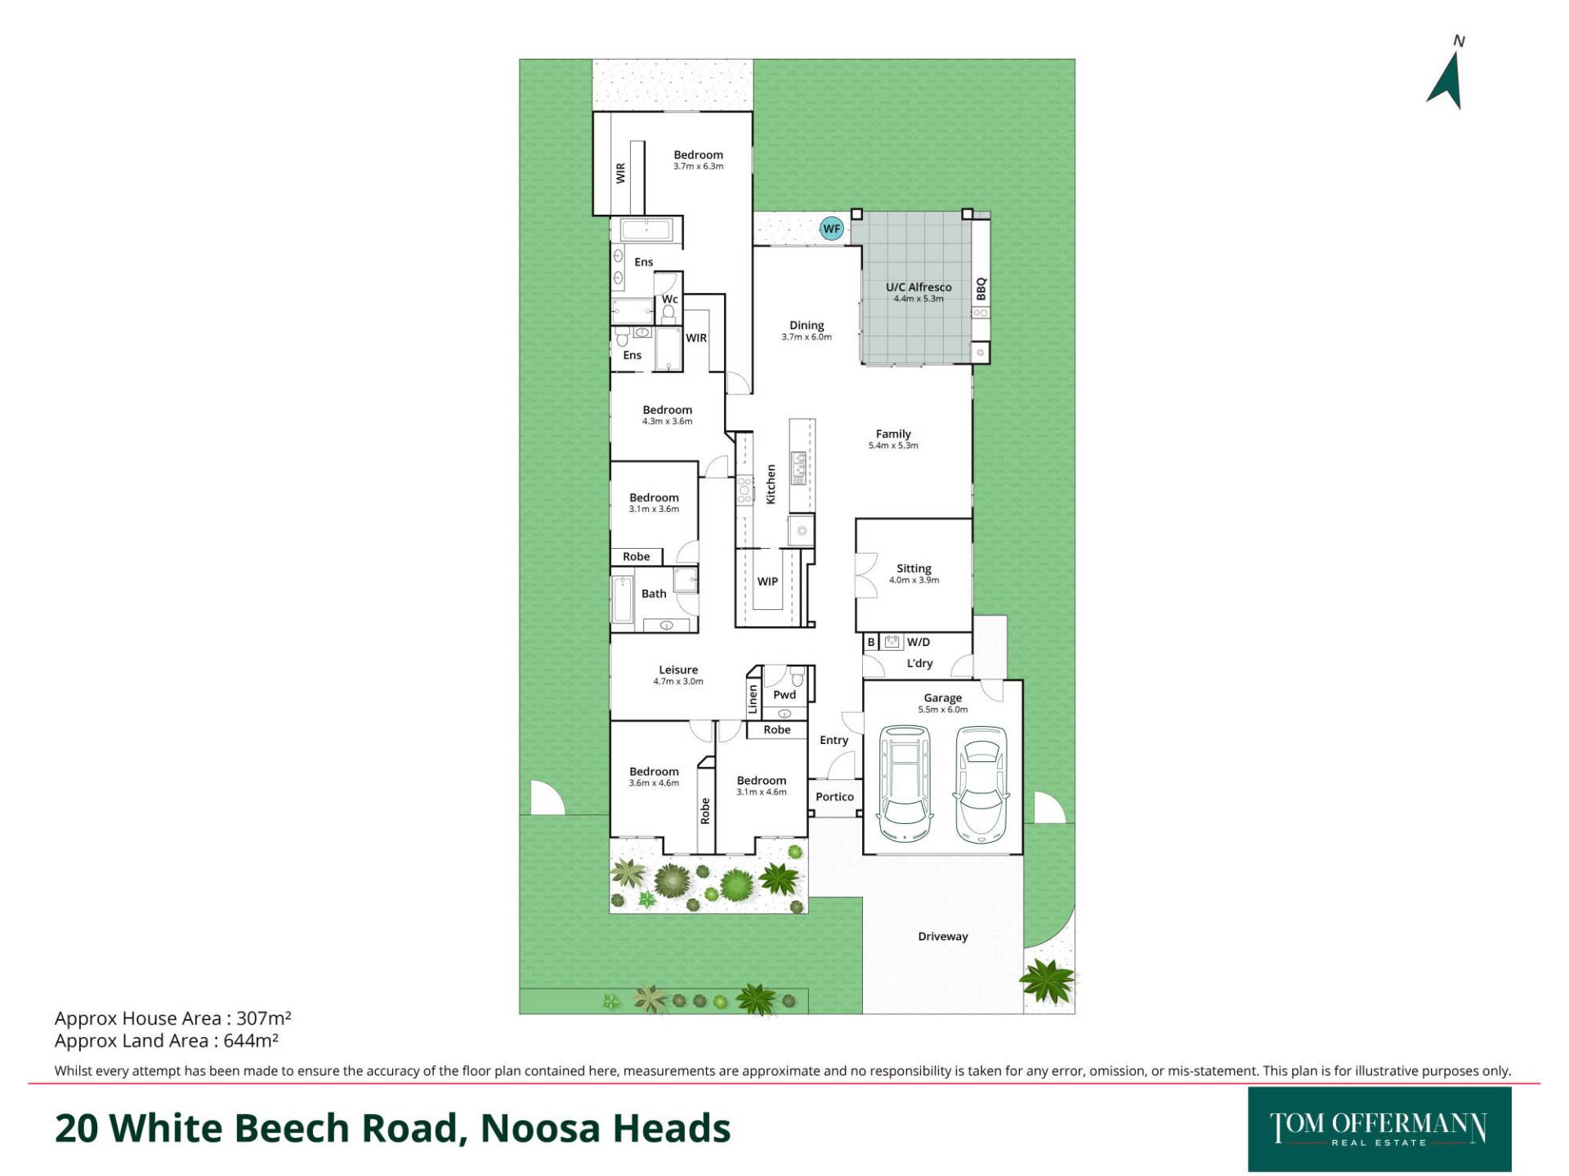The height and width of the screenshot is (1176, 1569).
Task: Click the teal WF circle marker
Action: click(x=831, y=229)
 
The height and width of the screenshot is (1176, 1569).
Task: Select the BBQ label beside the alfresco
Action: click(x=981, y=289)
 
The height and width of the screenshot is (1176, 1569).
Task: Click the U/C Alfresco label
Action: click(x=919, y=287)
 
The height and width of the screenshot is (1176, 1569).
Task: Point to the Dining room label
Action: click(x=807, y=325)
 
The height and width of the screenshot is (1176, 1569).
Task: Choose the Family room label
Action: click(x=893, y=434)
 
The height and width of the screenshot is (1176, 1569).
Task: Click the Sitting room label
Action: click(x=914, y=568)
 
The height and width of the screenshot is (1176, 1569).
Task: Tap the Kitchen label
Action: click(x=771, y=484)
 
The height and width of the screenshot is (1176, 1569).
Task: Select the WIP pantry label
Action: click(x=767, y=581)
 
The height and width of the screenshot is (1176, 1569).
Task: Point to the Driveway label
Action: click(x=943, y=937)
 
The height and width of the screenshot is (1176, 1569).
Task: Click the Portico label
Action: click(x=834, y=796)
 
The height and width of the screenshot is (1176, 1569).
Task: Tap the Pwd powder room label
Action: click(x=784, y=695)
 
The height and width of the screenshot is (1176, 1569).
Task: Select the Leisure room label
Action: click(x=678, y=670)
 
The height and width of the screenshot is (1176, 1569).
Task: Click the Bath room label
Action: click(x=654, y=594)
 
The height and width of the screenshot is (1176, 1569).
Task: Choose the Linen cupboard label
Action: click(x=753, y=699)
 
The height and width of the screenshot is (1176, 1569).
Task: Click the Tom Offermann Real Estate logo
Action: click(x=1379, y=1129)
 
